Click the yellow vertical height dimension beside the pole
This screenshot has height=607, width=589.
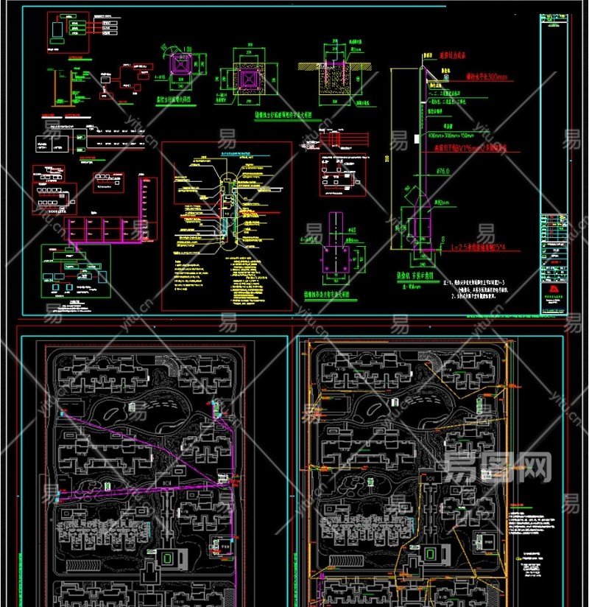[x=392, y=158]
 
